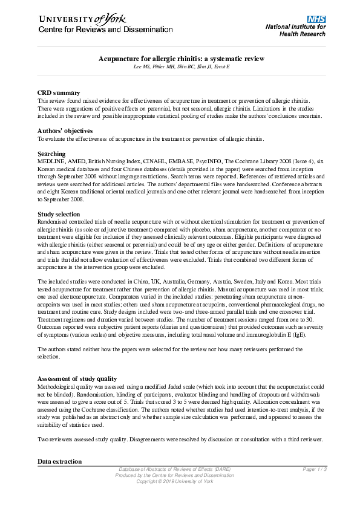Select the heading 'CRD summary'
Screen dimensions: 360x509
pos(59,92)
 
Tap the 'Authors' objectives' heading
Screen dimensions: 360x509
pos(65,131)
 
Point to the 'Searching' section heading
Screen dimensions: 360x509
pos(51,154)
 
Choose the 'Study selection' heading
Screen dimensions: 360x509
pos(58,214)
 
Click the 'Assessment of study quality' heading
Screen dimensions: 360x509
pos(77,378)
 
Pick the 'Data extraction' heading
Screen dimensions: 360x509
pos(59,461)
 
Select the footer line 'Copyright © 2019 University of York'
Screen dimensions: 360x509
pos(175,481)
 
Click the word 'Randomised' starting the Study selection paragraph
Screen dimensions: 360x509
pos(53,223)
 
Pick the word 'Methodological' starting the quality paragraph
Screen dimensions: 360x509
pos(56,387)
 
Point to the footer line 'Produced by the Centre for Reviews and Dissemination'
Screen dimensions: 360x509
pos(175,475)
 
